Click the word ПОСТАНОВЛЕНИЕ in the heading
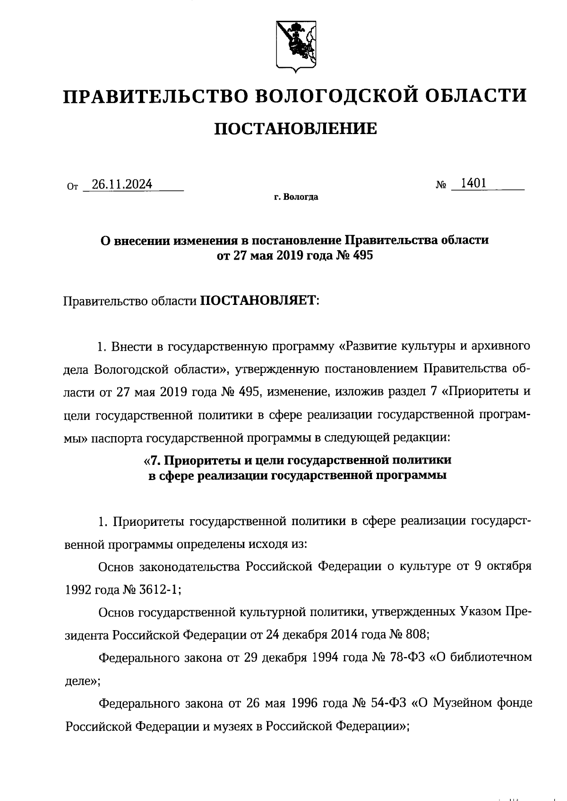pyautogui.click(x=296, y=128)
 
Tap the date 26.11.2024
pyautogui.click(x=122, y=185)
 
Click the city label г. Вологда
pyautogui.click(x=296, y=197)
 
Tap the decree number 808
pyautogui.click(x=416, y=635)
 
